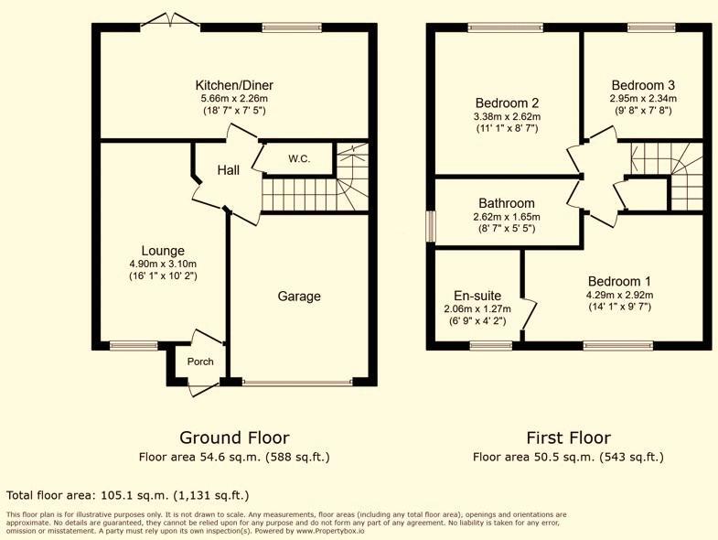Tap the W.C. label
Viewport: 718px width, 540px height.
tap(299, 159)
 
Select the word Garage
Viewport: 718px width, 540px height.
tap(298, 297)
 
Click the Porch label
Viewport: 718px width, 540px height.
tap(200, 362)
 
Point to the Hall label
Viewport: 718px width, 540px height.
tap(228, 170)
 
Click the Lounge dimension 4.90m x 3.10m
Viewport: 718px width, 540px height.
tap(163, 264)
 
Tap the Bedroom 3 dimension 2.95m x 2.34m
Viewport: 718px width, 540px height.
tap(642, 99)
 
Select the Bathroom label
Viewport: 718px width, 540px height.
tap(506, 203)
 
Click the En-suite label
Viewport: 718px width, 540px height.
tap(477, 296)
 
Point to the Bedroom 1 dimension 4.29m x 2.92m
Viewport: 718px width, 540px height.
tap(619, 295)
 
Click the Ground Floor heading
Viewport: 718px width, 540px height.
tap(234, 437)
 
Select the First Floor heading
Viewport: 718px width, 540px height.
tap(568, 437)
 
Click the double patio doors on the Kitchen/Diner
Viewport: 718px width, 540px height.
tap(170, 20)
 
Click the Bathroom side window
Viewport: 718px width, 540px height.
tap(431, 226)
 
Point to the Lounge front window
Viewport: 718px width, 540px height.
tap(134, 346)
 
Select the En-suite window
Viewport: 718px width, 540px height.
tap(491, 346)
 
